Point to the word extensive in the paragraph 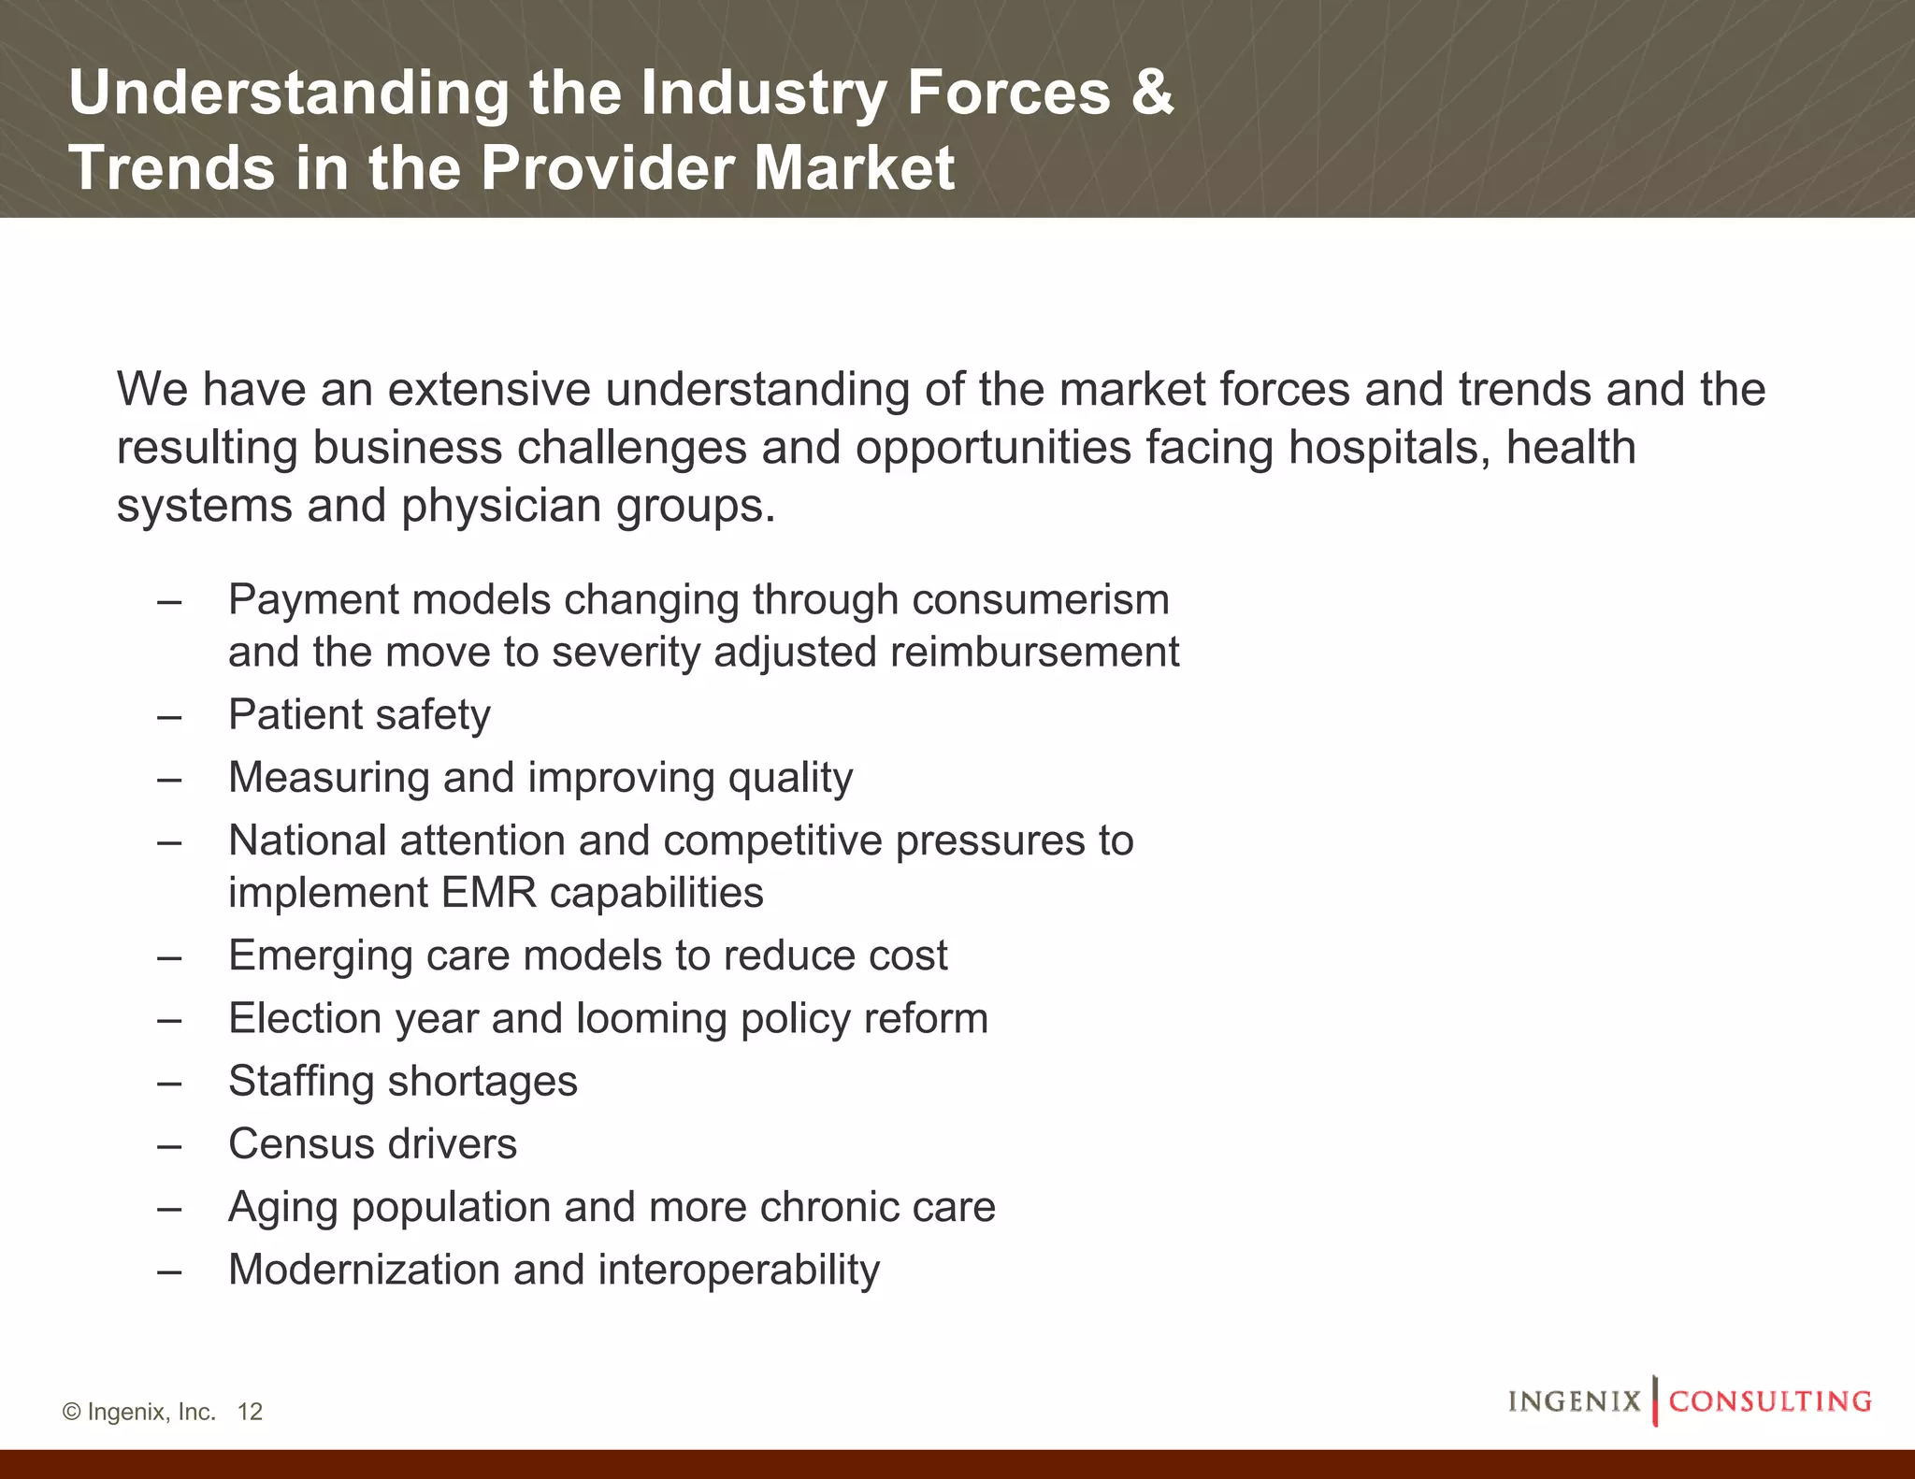click(x=489, y=389)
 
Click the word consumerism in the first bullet click(x=1041, y=599)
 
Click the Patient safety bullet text click(x=359, y=715)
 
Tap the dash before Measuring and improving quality click(x=169, y=779)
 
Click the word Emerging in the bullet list click(x=321, y=956)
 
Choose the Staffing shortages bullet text click(x=403, y=1082)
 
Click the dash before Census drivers click(x=169, y=1145)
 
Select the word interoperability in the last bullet click(x=739, y=1270)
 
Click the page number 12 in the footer click(x=250, y=1412)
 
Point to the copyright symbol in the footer click(x=71, y=1412)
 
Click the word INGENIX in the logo click(x=1574, y=1401)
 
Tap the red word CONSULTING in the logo click(x=1770, y=1401)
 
